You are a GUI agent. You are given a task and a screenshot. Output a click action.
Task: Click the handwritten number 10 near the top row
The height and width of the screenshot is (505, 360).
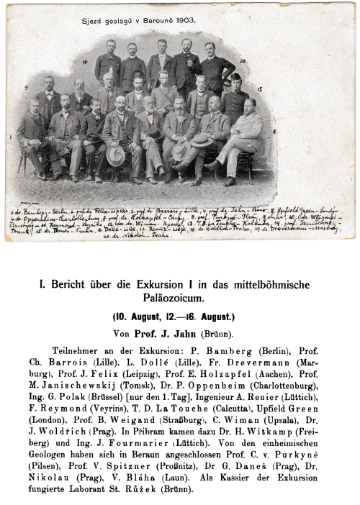243,62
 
